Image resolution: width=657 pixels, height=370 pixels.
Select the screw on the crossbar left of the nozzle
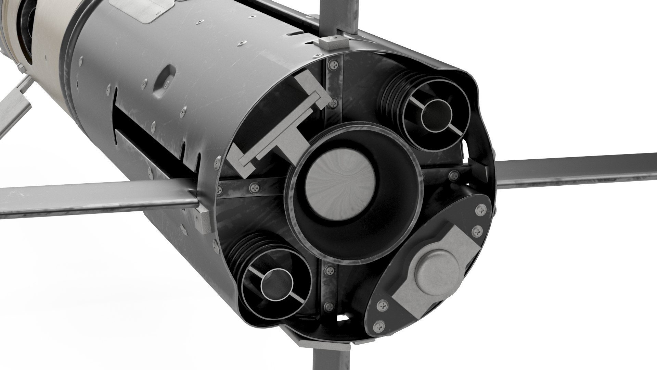pyautogui.click(x=255, y=188)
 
